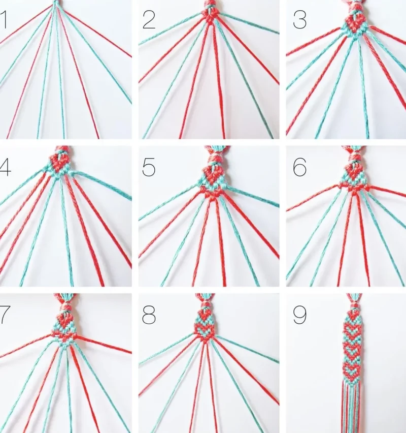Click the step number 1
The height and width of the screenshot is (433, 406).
[x=4, y=20]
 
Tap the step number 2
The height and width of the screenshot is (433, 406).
[x=149, y=20]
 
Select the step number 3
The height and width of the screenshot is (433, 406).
[x=300, y=20]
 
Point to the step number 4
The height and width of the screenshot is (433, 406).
[x=5, y=168]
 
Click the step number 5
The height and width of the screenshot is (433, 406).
[x=149, y=167]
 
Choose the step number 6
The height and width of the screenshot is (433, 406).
[x=300, y=167]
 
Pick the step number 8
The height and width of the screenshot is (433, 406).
[x=149, y=315]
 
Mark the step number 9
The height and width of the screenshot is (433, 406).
[x=300, y=315]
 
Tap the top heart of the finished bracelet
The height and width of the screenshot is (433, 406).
[x=353, y=315]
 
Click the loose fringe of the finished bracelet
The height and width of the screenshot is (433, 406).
[x=351, y=407]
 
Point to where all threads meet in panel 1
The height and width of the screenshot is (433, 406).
[x=56, y=4]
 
